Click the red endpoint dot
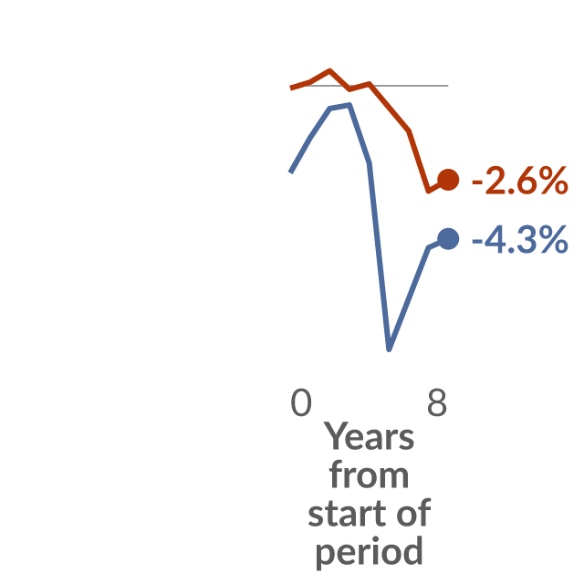point(448,180)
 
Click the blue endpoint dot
point(448,239)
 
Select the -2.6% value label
point(520,181)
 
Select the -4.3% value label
point(520,240)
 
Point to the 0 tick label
point(301,402)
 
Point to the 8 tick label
point(437,402)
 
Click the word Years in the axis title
point(369,436)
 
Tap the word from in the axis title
point(369,474)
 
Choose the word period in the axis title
point(369,552)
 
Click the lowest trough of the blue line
point(389,349)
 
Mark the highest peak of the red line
point(329,70)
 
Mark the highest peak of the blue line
point(349,105)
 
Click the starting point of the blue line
point(290,172)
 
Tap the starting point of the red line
point(290,89)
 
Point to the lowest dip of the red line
point(428,192)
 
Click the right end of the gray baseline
point(448,86)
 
